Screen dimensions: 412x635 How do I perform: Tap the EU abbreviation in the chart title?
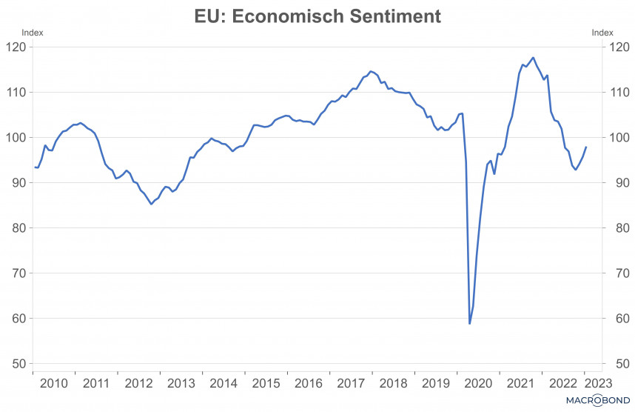pos(208,16)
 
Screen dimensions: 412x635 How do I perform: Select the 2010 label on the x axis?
pos(53,383)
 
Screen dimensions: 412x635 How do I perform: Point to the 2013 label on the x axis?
pos(181,383)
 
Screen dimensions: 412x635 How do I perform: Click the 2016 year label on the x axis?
pos(309,383)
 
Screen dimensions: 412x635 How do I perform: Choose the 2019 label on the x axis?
pos(436,383)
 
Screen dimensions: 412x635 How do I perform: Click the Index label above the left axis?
pos(33,32)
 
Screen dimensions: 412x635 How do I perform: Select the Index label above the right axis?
pos(602,32)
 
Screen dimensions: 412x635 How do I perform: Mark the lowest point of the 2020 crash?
pos(469,323)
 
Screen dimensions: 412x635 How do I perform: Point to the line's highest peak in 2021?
pos(534,57)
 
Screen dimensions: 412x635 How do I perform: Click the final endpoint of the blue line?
pos(586,147)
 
